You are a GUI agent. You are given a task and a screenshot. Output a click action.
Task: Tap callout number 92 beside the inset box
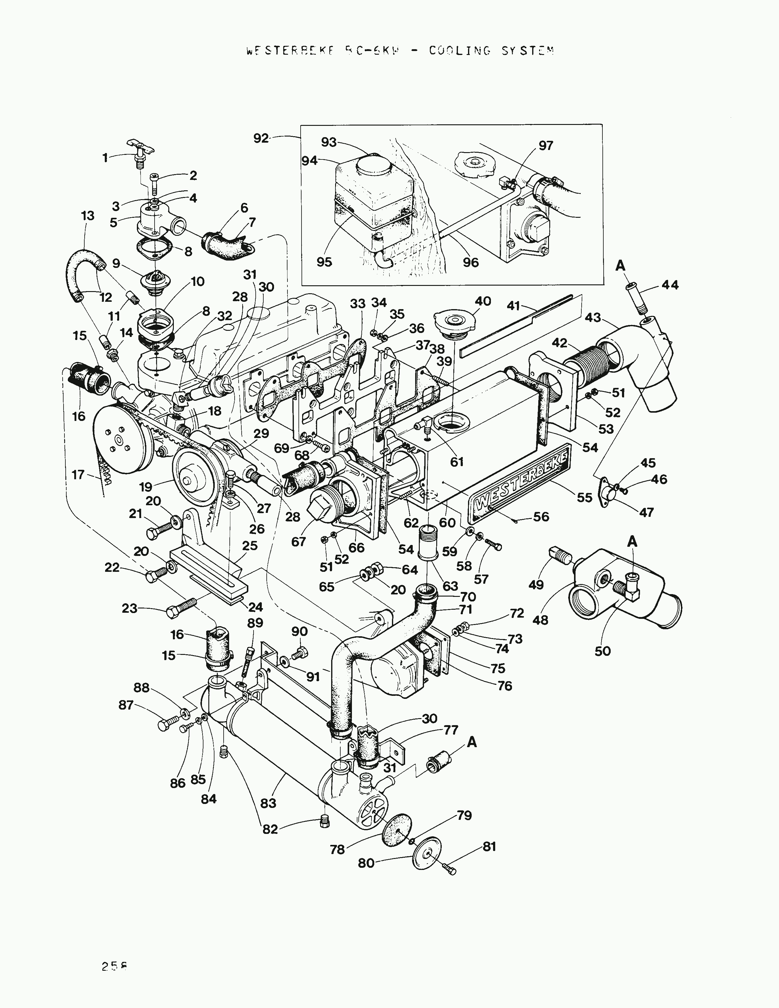[x=261, y=138]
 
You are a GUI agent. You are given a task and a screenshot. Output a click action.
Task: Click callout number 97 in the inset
[x=546, y=146]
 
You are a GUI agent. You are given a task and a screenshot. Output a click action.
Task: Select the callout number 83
[x=268, y=803]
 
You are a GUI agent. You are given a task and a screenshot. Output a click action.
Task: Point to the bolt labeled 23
[x=180, y=608]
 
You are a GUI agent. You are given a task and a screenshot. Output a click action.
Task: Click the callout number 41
[x=514, y=306]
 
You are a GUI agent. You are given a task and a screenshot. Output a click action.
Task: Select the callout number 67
[x=298, y=541]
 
